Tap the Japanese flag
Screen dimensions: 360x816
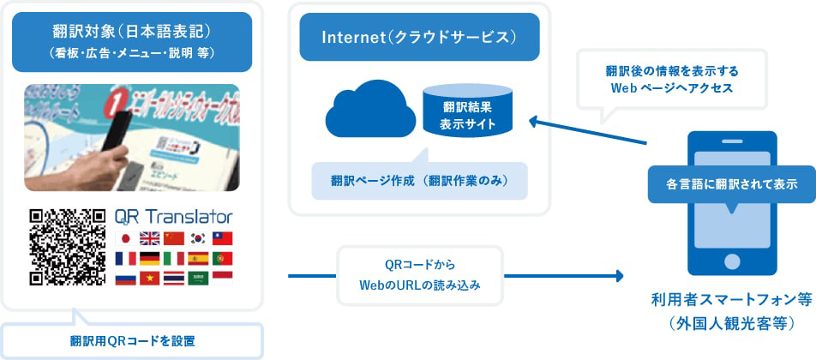[126, 239]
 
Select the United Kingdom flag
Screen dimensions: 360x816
[150, 239]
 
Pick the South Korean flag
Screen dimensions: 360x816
[198, 239]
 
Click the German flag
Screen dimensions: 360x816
[150, 258]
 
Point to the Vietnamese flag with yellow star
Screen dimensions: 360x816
[150, 278]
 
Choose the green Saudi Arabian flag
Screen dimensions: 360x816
[198, 278]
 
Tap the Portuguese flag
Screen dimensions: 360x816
[222, 258]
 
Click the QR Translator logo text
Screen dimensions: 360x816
[173, 217]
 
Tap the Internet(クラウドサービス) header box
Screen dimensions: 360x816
[419, 37]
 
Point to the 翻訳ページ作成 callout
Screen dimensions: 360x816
[419, 181]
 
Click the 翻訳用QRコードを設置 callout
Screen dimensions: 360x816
[132, 340]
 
